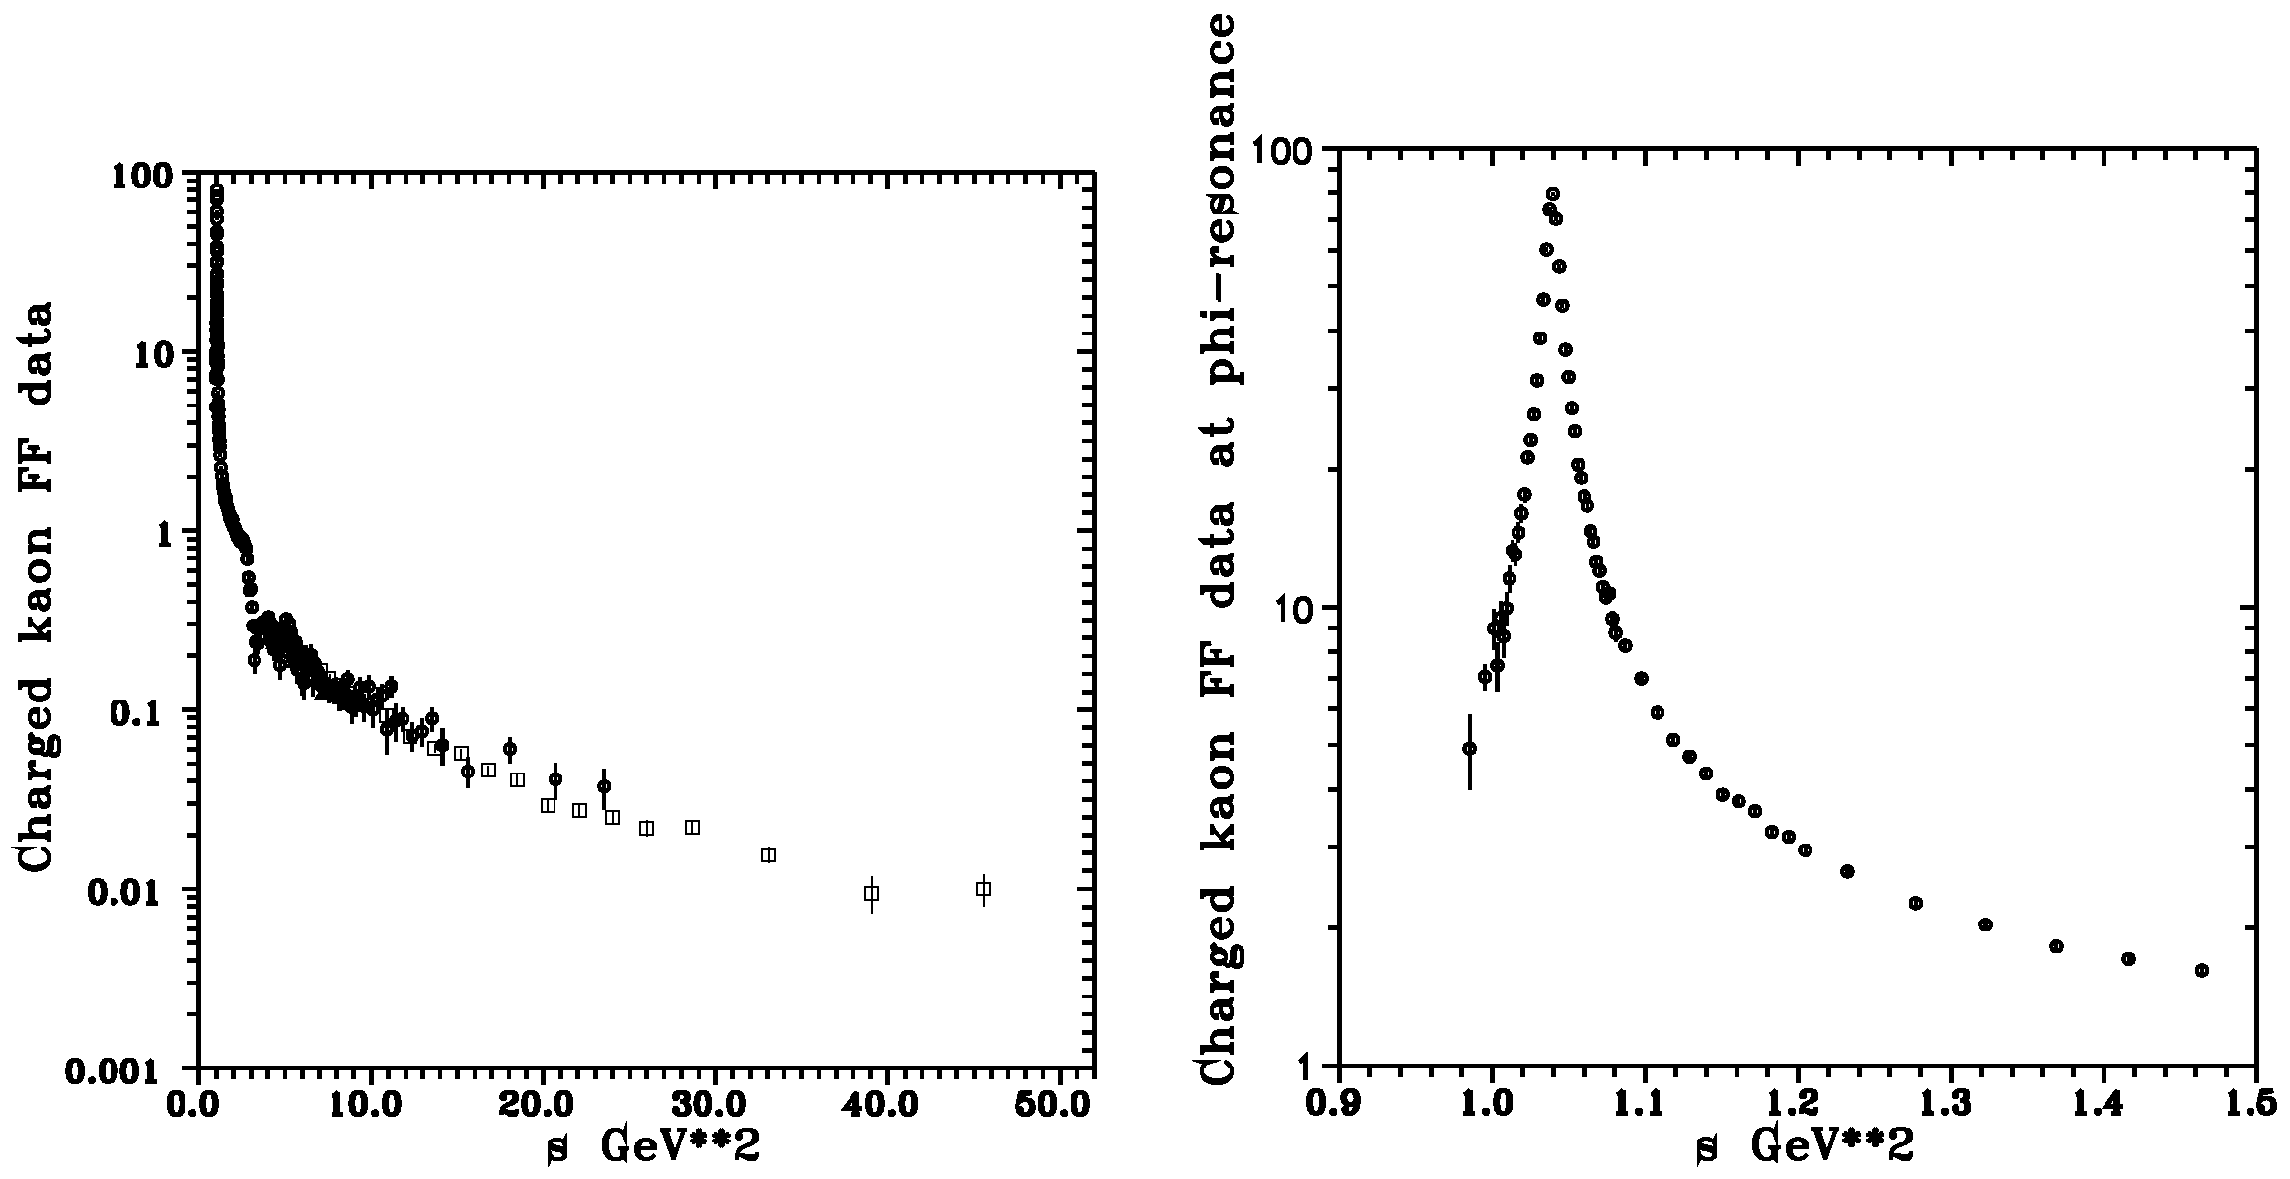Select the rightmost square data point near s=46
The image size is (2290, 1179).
point(983,889)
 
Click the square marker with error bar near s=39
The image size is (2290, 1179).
point(871,894)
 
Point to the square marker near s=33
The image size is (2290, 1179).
point(769,855)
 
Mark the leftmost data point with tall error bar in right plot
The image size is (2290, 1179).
point(1469,749)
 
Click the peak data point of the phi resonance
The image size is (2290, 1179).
point(1553,194)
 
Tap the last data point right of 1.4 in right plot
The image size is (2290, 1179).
point(2201,971)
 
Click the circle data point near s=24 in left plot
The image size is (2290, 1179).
point(604,786)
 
